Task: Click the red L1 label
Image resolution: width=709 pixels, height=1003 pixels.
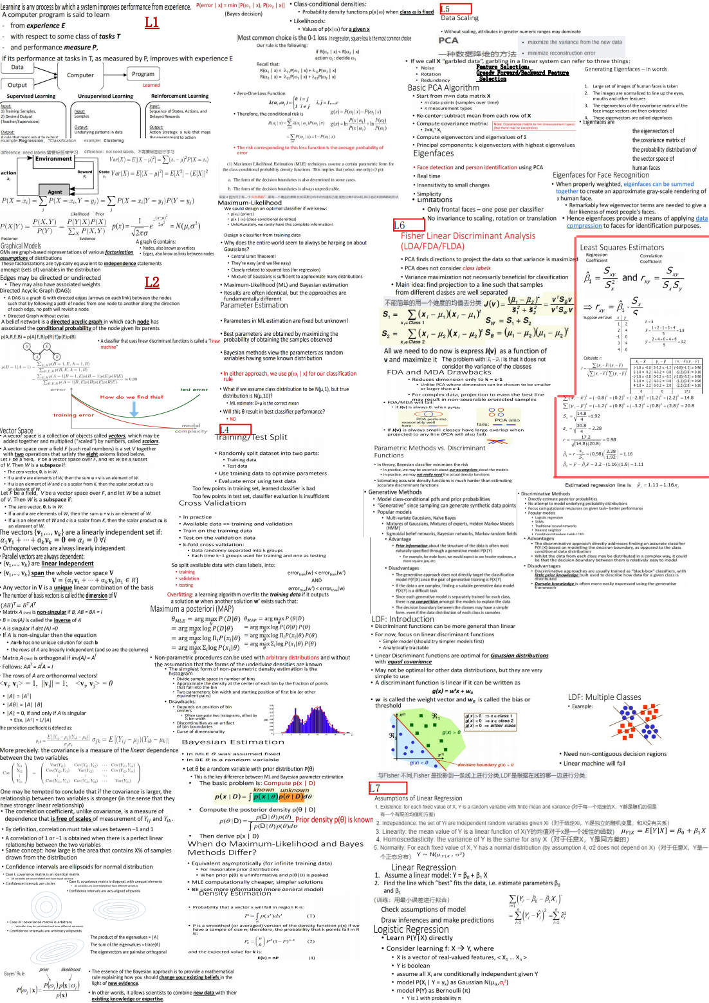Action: pos(152,23)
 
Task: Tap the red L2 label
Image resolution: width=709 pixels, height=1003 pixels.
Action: pos(152,282)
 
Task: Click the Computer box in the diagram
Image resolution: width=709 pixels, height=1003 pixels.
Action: pos(80,75)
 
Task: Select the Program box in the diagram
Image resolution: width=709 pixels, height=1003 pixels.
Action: pos(143,74)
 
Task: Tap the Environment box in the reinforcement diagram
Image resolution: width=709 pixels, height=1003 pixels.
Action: pos(54,159)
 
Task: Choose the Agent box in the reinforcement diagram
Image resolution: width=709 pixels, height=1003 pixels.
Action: pos(55,192)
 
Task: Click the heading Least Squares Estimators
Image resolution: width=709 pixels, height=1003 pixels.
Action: pos(622,248)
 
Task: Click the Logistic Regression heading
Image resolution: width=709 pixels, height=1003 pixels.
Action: pos(410,929)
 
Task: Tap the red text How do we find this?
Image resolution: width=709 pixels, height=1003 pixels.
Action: pos(131,397)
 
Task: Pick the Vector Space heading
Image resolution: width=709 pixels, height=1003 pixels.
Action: pos(17,431)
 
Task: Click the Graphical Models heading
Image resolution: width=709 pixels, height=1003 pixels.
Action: pos(21,246)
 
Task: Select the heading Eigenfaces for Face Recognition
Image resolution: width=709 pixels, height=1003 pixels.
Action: pos(601,175)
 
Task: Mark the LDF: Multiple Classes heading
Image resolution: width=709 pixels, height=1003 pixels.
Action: pos(604,697)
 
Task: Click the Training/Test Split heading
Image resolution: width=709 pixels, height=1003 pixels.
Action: pos(250,437)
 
